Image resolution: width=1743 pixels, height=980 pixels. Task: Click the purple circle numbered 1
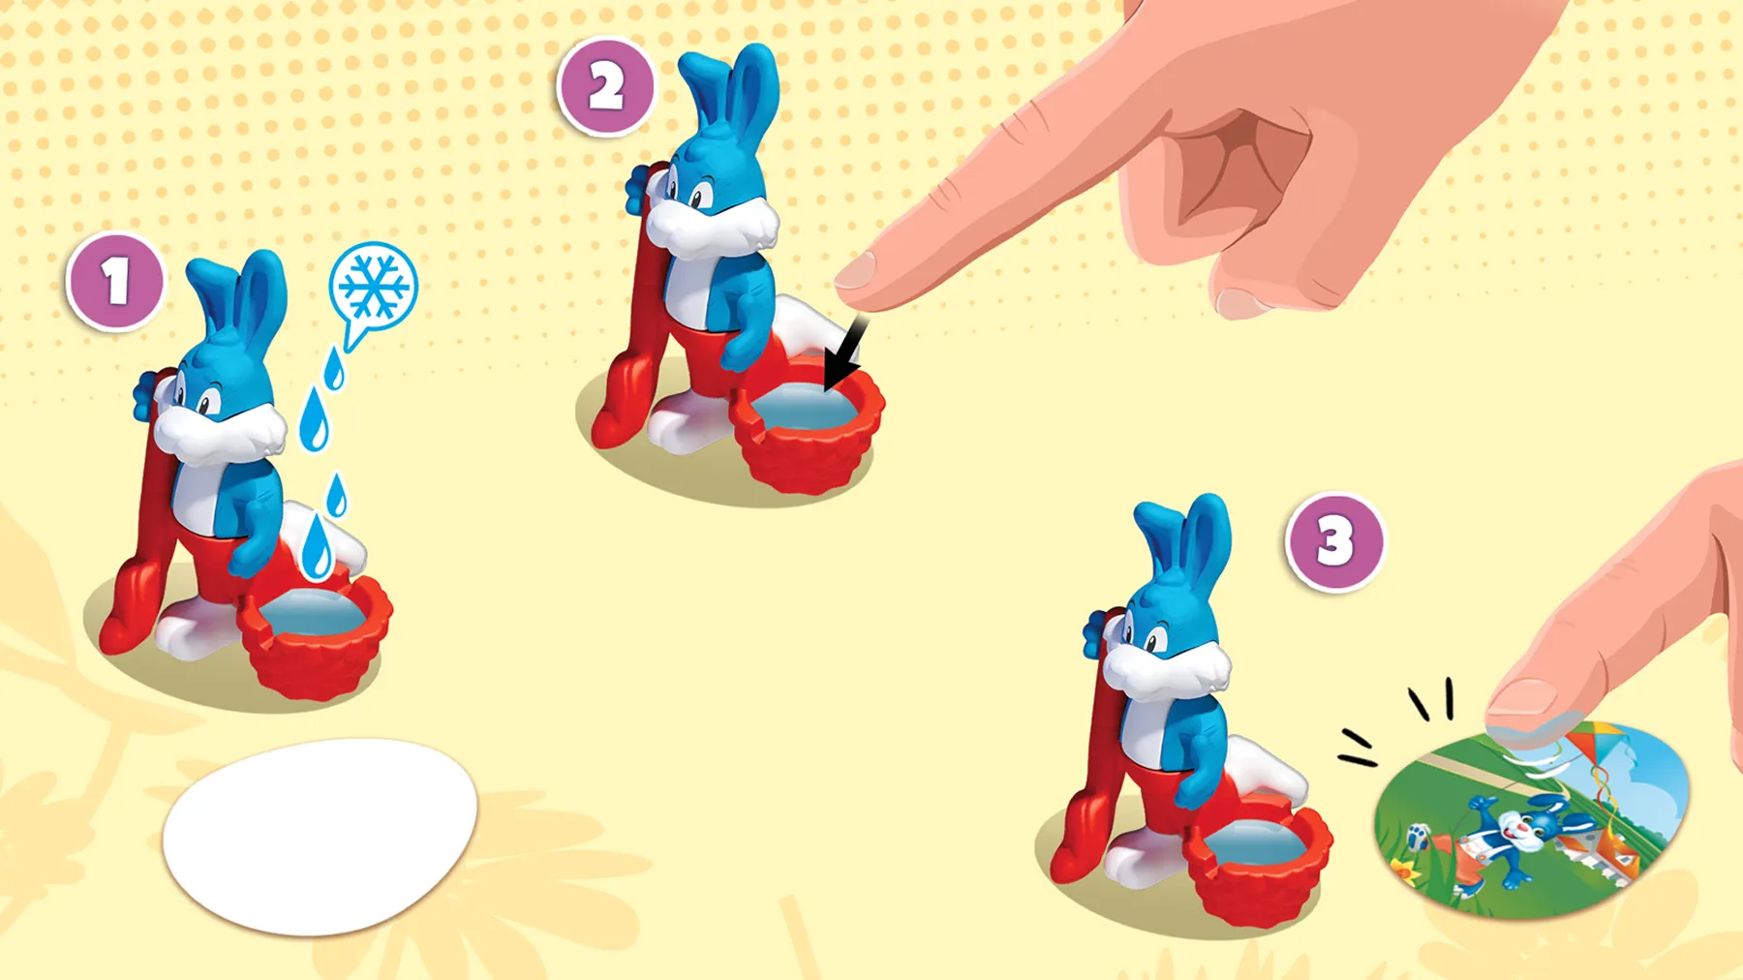coord(115,282)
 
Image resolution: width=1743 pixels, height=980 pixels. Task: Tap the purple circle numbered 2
coord(606,87)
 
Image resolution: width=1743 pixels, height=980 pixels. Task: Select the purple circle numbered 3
coord(1334,542)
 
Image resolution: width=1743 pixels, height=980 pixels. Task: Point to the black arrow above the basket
coord(843,355)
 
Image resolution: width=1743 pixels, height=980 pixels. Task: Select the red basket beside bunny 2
coord(808,428)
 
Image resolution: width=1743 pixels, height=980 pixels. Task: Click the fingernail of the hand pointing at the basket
coord(854,270)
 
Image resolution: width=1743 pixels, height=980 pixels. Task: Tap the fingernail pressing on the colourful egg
coord(1521,699)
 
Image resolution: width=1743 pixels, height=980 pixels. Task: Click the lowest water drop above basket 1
coord(316,547)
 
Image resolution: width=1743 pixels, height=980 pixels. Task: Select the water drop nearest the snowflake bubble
coord(334,368)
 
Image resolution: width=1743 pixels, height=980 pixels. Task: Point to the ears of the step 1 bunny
coord(238,299)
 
